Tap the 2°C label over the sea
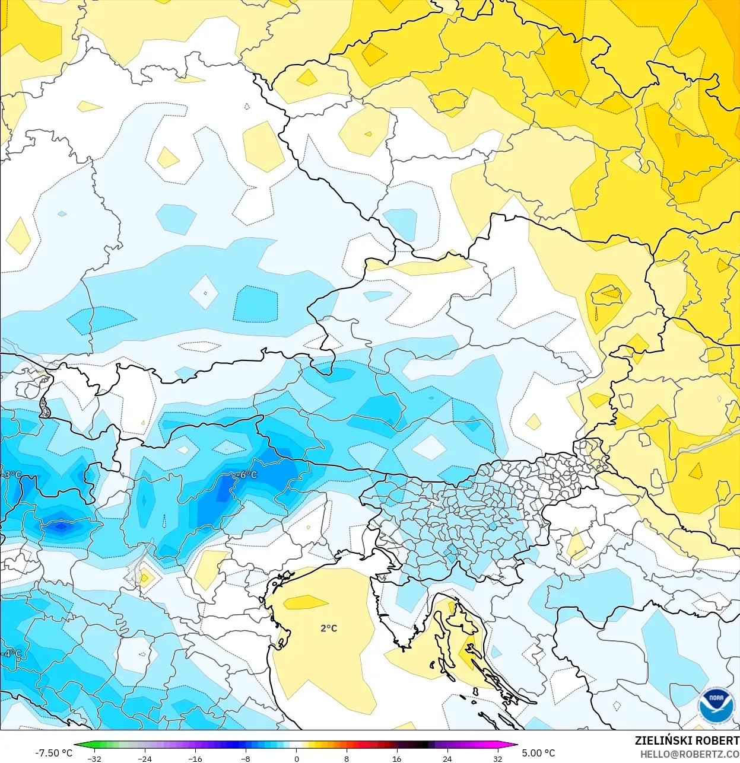coord(329,628)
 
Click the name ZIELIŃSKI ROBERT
coord(687,740)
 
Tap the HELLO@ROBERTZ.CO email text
coord(689,755)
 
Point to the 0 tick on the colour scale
coord(296,758)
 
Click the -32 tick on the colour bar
coord(94,758)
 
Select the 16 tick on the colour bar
coord(396,758)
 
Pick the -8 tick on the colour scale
coord(246,758)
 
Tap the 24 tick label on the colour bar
coord(447,758)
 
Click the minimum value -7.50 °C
coord(53,753)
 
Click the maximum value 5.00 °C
coord(538,753)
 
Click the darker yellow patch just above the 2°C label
coord(305,603)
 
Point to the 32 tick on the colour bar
coord(497,758)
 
